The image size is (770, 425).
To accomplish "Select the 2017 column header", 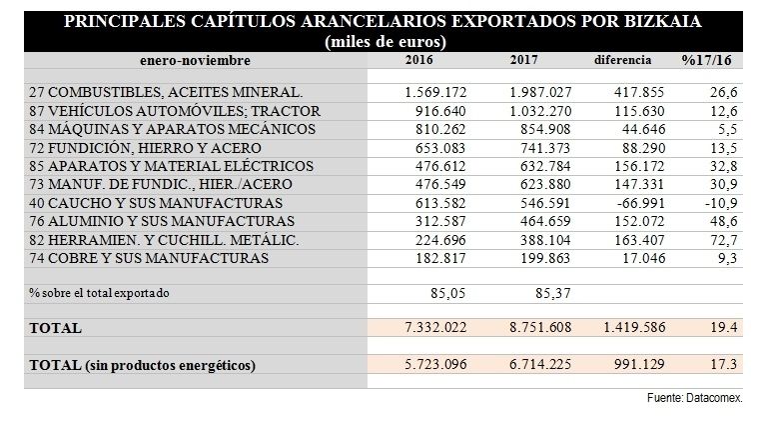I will [x=524, y=60].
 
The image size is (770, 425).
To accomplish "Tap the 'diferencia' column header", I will [x=623, y=60].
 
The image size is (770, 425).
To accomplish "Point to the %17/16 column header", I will [x=708, y=60].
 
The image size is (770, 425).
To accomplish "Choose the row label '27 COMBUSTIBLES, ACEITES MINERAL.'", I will [x=165, y=92].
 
